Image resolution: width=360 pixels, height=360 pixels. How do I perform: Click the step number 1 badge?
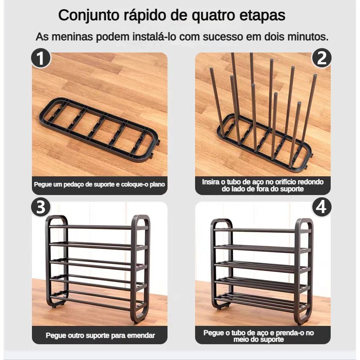tap(41, 58)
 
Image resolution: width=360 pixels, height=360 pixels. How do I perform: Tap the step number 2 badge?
tap(322, 58)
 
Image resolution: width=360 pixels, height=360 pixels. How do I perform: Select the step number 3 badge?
tap(41, 207)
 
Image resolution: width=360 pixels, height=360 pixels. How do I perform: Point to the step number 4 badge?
tap(322, 207)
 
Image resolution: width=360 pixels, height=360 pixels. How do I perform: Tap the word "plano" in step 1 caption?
tap(157, 184)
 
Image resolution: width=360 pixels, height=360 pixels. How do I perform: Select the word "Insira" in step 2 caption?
tap(210, 182)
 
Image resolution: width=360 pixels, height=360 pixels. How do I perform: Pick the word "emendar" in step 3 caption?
tap(141, 336)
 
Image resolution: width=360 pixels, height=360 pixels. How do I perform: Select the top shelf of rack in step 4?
tap(262, 230)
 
